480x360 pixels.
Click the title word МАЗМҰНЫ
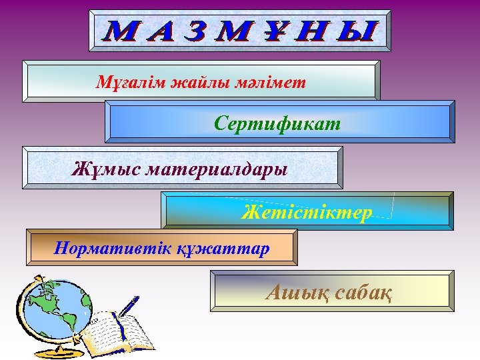click(241, 31)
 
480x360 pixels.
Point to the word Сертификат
click(277, 123)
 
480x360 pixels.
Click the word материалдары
click(217, 168)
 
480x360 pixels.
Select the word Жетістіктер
click(307, 212)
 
